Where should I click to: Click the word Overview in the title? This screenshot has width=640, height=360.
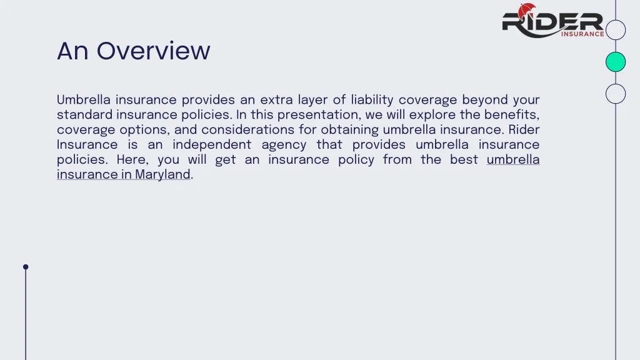pyautogui.click(x=153, y=51)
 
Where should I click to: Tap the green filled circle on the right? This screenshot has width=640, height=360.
pyautogui.click(x=616, y=62)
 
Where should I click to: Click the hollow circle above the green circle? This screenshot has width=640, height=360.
pyautogui.click(x=616, y=30)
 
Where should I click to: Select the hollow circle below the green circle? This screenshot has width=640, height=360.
pyautogui.click(x=616, y=93)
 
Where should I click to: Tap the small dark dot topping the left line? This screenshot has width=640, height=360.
pyautogui.click(x=26, y=267)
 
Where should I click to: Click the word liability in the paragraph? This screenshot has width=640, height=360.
pyautogui.click(x=372, y=100)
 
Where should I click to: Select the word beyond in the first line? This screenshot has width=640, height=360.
pyautogui.click(x=485, y=100)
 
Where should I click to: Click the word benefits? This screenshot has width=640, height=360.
pyautogui.click(x=513, y=115)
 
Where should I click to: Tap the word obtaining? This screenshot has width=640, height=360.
pyautogui.click(x=349, y=130)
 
